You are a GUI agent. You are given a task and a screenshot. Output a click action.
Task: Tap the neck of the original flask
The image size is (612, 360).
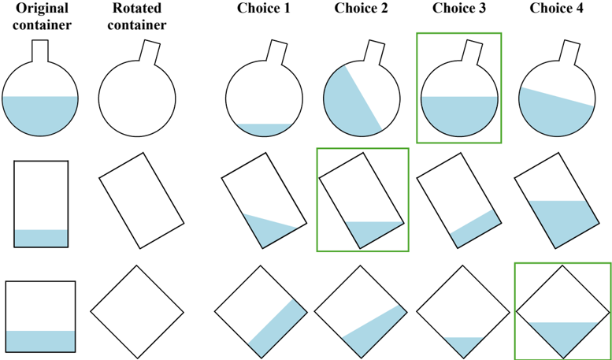click(x=39, y=50)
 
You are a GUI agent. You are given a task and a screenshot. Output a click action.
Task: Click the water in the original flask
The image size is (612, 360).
click(x=39, y=115)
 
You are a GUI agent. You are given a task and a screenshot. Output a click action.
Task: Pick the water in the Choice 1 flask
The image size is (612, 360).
click(x=264, y=128)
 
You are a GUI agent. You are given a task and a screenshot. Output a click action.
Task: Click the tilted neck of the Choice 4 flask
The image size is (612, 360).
click(x=565, y=52)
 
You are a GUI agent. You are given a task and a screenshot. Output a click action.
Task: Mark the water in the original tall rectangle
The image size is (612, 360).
click(x=41, y=238)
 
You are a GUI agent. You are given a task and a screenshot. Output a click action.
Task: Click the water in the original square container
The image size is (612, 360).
click(x=40, y=340)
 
